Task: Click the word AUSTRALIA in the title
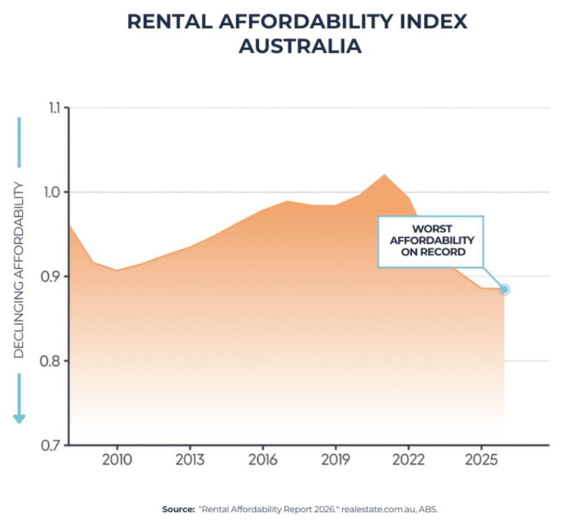pyautogui.click(x=299, y=46)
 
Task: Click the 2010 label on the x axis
pyautogui.click(x=117, y=459)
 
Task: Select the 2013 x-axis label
pyautogui.click(x=190, y=459)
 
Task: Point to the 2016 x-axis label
pyautogui.click(x=263, y=459)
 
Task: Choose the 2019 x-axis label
pyautogui.click(x=335, y=459)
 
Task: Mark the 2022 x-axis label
pyautogui.click(x=408, y=459)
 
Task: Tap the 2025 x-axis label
pyautogui.click(x=481, y=459)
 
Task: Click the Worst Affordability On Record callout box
pyautogui.click(x=430, y=241)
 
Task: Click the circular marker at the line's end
pyautogui.click(x=504, y=289)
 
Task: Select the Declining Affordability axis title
pyautogui.click(x=19, y=269)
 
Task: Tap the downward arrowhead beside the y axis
pyautogui.click(x=19, y=418)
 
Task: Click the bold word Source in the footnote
pyautogui.click(x=177, y=509)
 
